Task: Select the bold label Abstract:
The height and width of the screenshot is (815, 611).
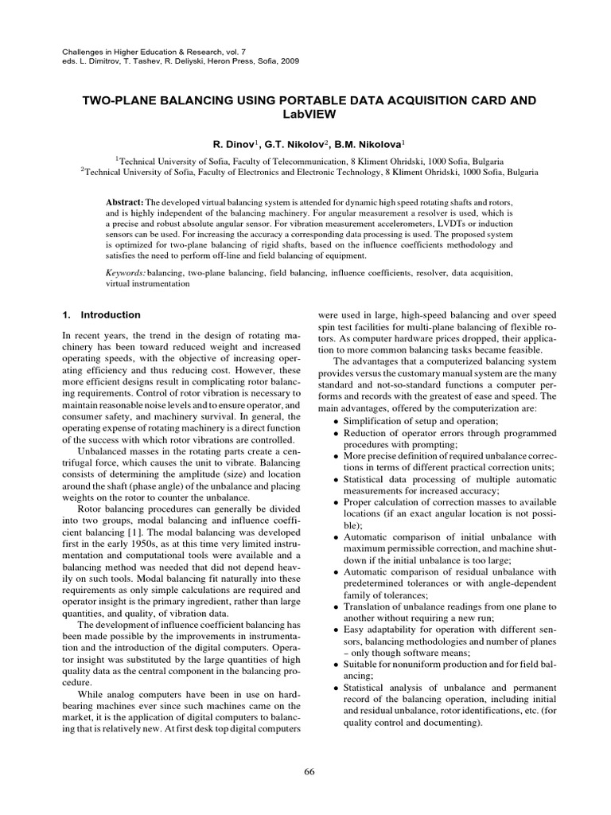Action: (124, 202)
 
